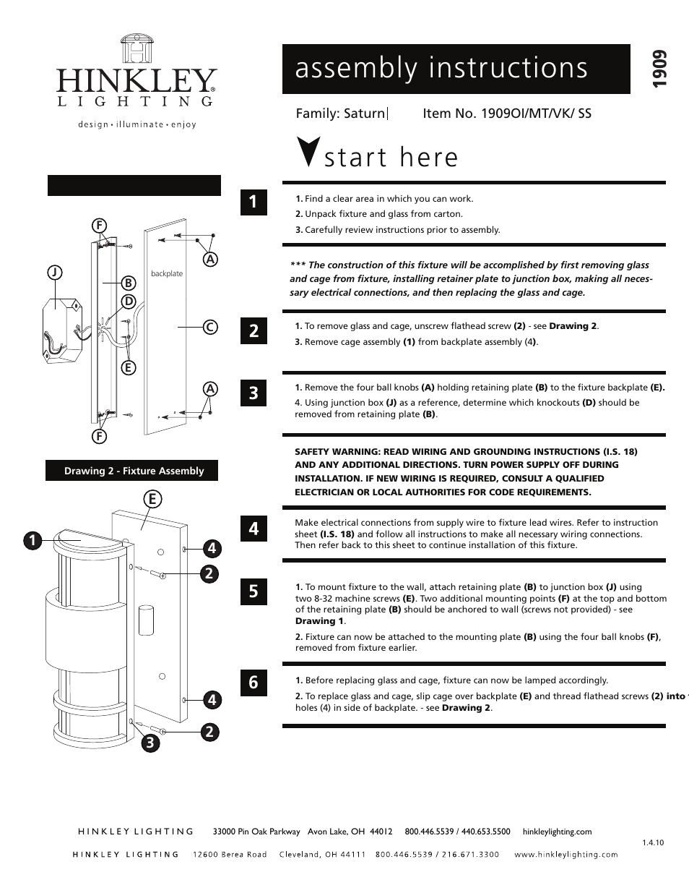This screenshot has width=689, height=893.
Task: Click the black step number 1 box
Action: pyautogui.click(x=253, y=202)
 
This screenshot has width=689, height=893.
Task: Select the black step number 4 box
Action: pyautogui.click(x=253, y=529)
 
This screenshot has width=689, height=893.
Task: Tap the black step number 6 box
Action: pyautogui.click(x=253, y=682)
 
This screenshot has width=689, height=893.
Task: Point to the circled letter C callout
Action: pyautogui.click(x=210, y=328)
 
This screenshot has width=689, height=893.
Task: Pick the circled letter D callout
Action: pyautogui.click(x=129, y=301)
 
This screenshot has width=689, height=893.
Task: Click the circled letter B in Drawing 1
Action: pyautogui.click(x=129, y=282)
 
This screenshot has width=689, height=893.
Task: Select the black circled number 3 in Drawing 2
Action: pyautogui.click(x=150, y=743)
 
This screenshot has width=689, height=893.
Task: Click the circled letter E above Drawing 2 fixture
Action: pyautogui.click(x=152, y=499)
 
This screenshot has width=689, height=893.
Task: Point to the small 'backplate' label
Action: pyautogui.click(x=167, y=273)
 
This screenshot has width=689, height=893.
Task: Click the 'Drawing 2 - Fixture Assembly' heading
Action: pyautogui.click(x=134, y=471)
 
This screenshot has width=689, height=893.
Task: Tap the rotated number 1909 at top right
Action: pyautogui.click(x=658, y=71)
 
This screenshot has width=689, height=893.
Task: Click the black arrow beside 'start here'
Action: pyautogui.click(x=308, y=151)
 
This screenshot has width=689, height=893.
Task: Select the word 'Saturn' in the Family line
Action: pyautogui.click(x=364, y=114)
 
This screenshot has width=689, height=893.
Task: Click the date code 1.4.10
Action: pyautogui.click(x=652, y=842)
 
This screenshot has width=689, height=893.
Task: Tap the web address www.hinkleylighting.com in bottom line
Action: pyautogui.click(x=565, y=854)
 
